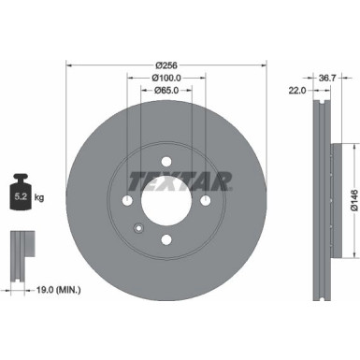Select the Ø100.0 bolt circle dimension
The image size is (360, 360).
[x=166, y=79]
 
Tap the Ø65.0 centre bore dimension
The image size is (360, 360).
[x=166, y=91]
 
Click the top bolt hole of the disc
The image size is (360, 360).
[x=166, y=161]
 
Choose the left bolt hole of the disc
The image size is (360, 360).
[x=127, y=201]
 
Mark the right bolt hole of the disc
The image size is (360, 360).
[x=206, y=201]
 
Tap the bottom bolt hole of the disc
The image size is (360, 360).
[x=166, y=240]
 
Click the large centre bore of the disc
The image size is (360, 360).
[x=166, y=201]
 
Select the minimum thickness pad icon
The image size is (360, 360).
[x=20, y=252]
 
